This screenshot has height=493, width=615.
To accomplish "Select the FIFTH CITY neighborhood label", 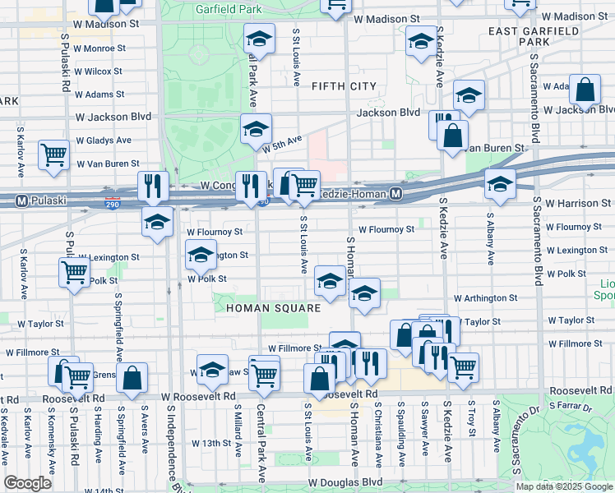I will click(344, 85).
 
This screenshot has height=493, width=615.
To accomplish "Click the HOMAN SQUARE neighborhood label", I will click(261, 308).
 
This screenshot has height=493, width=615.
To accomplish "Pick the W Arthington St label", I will click(485, 299).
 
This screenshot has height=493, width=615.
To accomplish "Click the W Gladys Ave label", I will click(104, 141).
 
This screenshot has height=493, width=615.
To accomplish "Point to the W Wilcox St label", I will click(99, 71).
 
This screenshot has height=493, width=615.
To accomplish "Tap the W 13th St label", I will click(212, 443).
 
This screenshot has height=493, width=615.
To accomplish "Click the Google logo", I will click(28, 483).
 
